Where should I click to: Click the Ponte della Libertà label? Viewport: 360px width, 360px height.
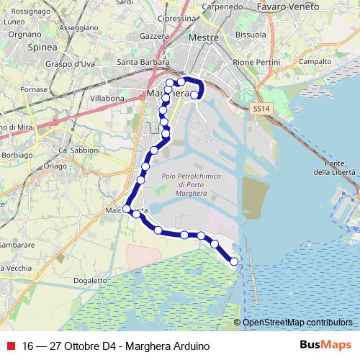(x=335, y=168)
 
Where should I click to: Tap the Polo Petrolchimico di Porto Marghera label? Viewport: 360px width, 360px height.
(x=190, y=184)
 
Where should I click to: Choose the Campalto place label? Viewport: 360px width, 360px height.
(x=315, y=61)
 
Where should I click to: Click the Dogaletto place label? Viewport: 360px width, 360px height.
(x=90, y=280)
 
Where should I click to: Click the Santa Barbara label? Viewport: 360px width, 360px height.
(x=142, y=61)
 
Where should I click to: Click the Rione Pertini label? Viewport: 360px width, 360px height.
(x=256, y=61)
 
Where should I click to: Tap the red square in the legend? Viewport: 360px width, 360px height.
(x=10, y=346)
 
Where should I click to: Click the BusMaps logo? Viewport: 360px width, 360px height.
(x=325, y=346)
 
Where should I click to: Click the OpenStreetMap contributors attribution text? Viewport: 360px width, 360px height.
(x=298, y=323)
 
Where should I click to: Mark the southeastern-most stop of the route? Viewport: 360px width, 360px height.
(x=233, y=261)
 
